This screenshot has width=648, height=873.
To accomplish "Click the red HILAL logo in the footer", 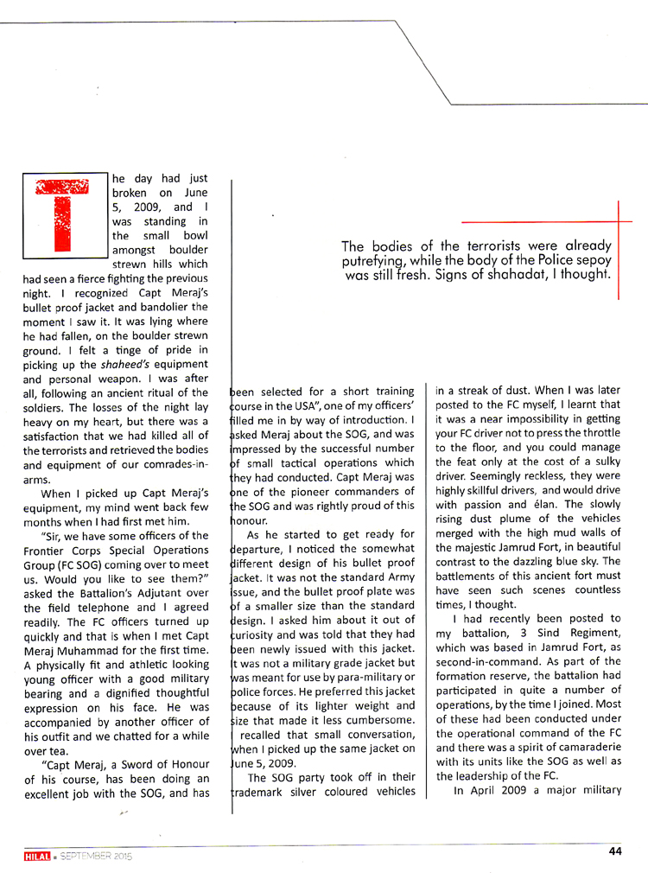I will click(x=35, y=856).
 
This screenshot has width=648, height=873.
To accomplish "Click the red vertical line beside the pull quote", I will click(x=619, y=251).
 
